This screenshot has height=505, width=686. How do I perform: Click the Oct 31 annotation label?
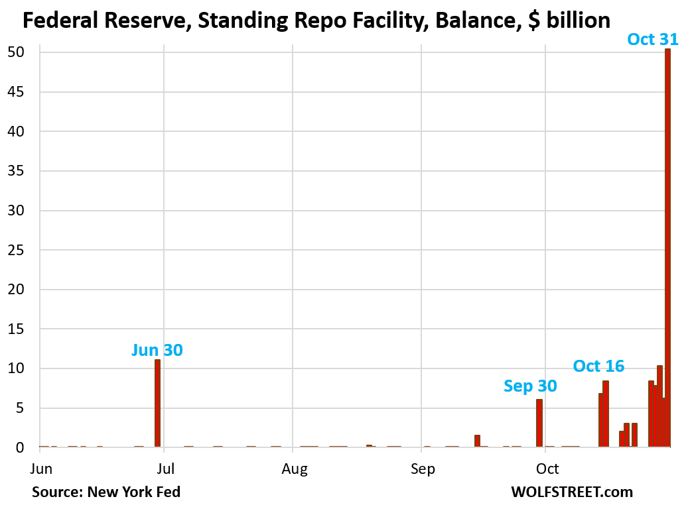[x=653, y=39]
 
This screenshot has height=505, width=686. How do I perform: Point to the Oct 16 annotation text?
[x=598, y=366]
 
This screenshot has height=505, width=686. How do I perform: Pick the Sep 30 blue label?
[x=530, y=386]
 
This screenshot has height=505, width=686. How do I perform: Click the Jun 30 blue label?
[x=157, y=350]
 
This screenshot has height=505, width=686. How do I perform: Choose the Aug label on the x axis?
[x=295, y=469]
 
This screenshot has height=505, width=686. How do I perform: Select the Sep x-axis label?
[x=423, y=469]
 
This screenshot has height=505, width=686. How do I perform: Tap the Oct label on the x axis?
[x=547, y=469]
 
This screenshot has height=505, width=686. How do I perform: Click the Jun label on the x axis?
[x=41, y=469]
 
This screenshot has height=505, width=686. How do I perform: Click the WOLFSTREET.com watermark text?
[x=571, y=492]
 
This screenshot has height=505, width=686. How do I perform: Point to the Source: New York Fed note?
[x=105, y=492]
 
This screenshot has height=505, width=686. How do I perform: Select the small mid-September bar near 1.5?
[x=477, y=441]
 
